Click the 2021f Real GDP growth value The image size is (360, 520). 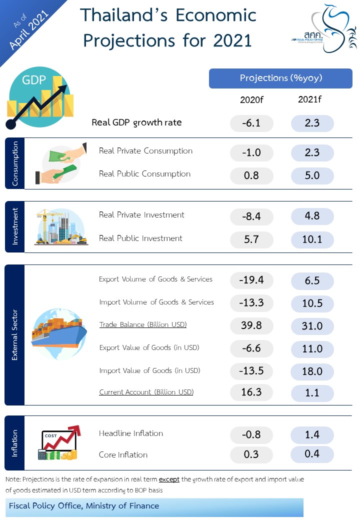(x=312, y=123)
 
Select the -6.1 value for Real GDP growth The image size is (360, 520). (x=251, y=123)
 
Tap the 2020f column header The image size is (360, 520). (x=251, y=99)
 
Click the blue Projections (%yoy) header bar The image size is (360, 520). (x=280, y=78)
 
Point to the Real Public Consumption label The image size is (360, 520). (x=144, y=174)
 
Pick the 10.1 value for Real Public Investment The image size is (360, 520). (x=312, y=239)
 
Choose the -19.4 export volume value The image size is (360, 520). (x=251, y=280)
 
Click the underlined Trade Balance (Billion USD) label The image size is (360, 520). (x=142, y=325)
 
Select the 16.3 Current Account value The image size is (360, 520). (x=251, y=392)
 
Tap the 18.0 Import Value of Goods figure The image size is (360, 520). (x=312, y=371)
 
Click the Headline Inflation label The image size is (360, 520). (x=131, y=433)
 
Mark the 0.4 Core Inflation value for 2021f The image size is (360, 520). (x=312, y=454)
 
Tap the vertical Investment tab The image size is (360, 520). (x=14, y=227)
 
